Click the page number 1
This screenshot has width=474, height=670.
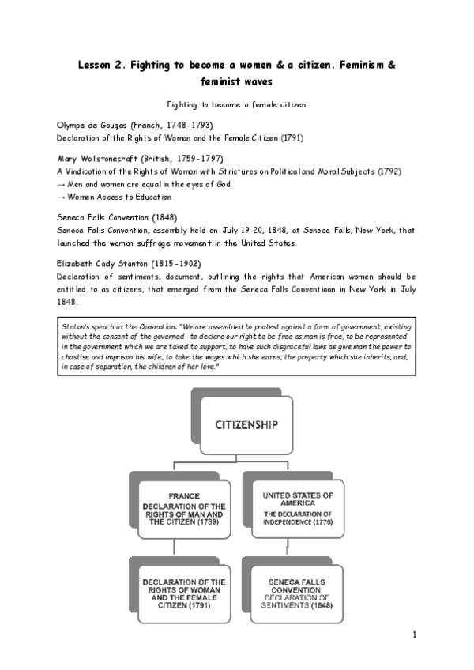click(414, 634)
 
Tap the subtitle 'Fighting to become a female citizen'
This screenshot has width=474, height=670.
click(236, 104)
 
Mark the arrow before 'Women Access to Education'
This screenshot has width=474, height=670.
click(62, 198)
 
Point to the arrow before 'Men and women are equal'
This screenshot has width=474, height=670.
click(62, 184)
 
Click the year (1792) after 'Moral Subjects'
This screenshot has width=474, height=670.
click(390, 171)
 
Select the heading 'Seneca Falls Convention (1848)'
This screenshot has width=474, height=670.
click(117, 216)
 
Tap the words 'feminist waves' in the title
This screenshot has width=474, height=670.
click(236, 81)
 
